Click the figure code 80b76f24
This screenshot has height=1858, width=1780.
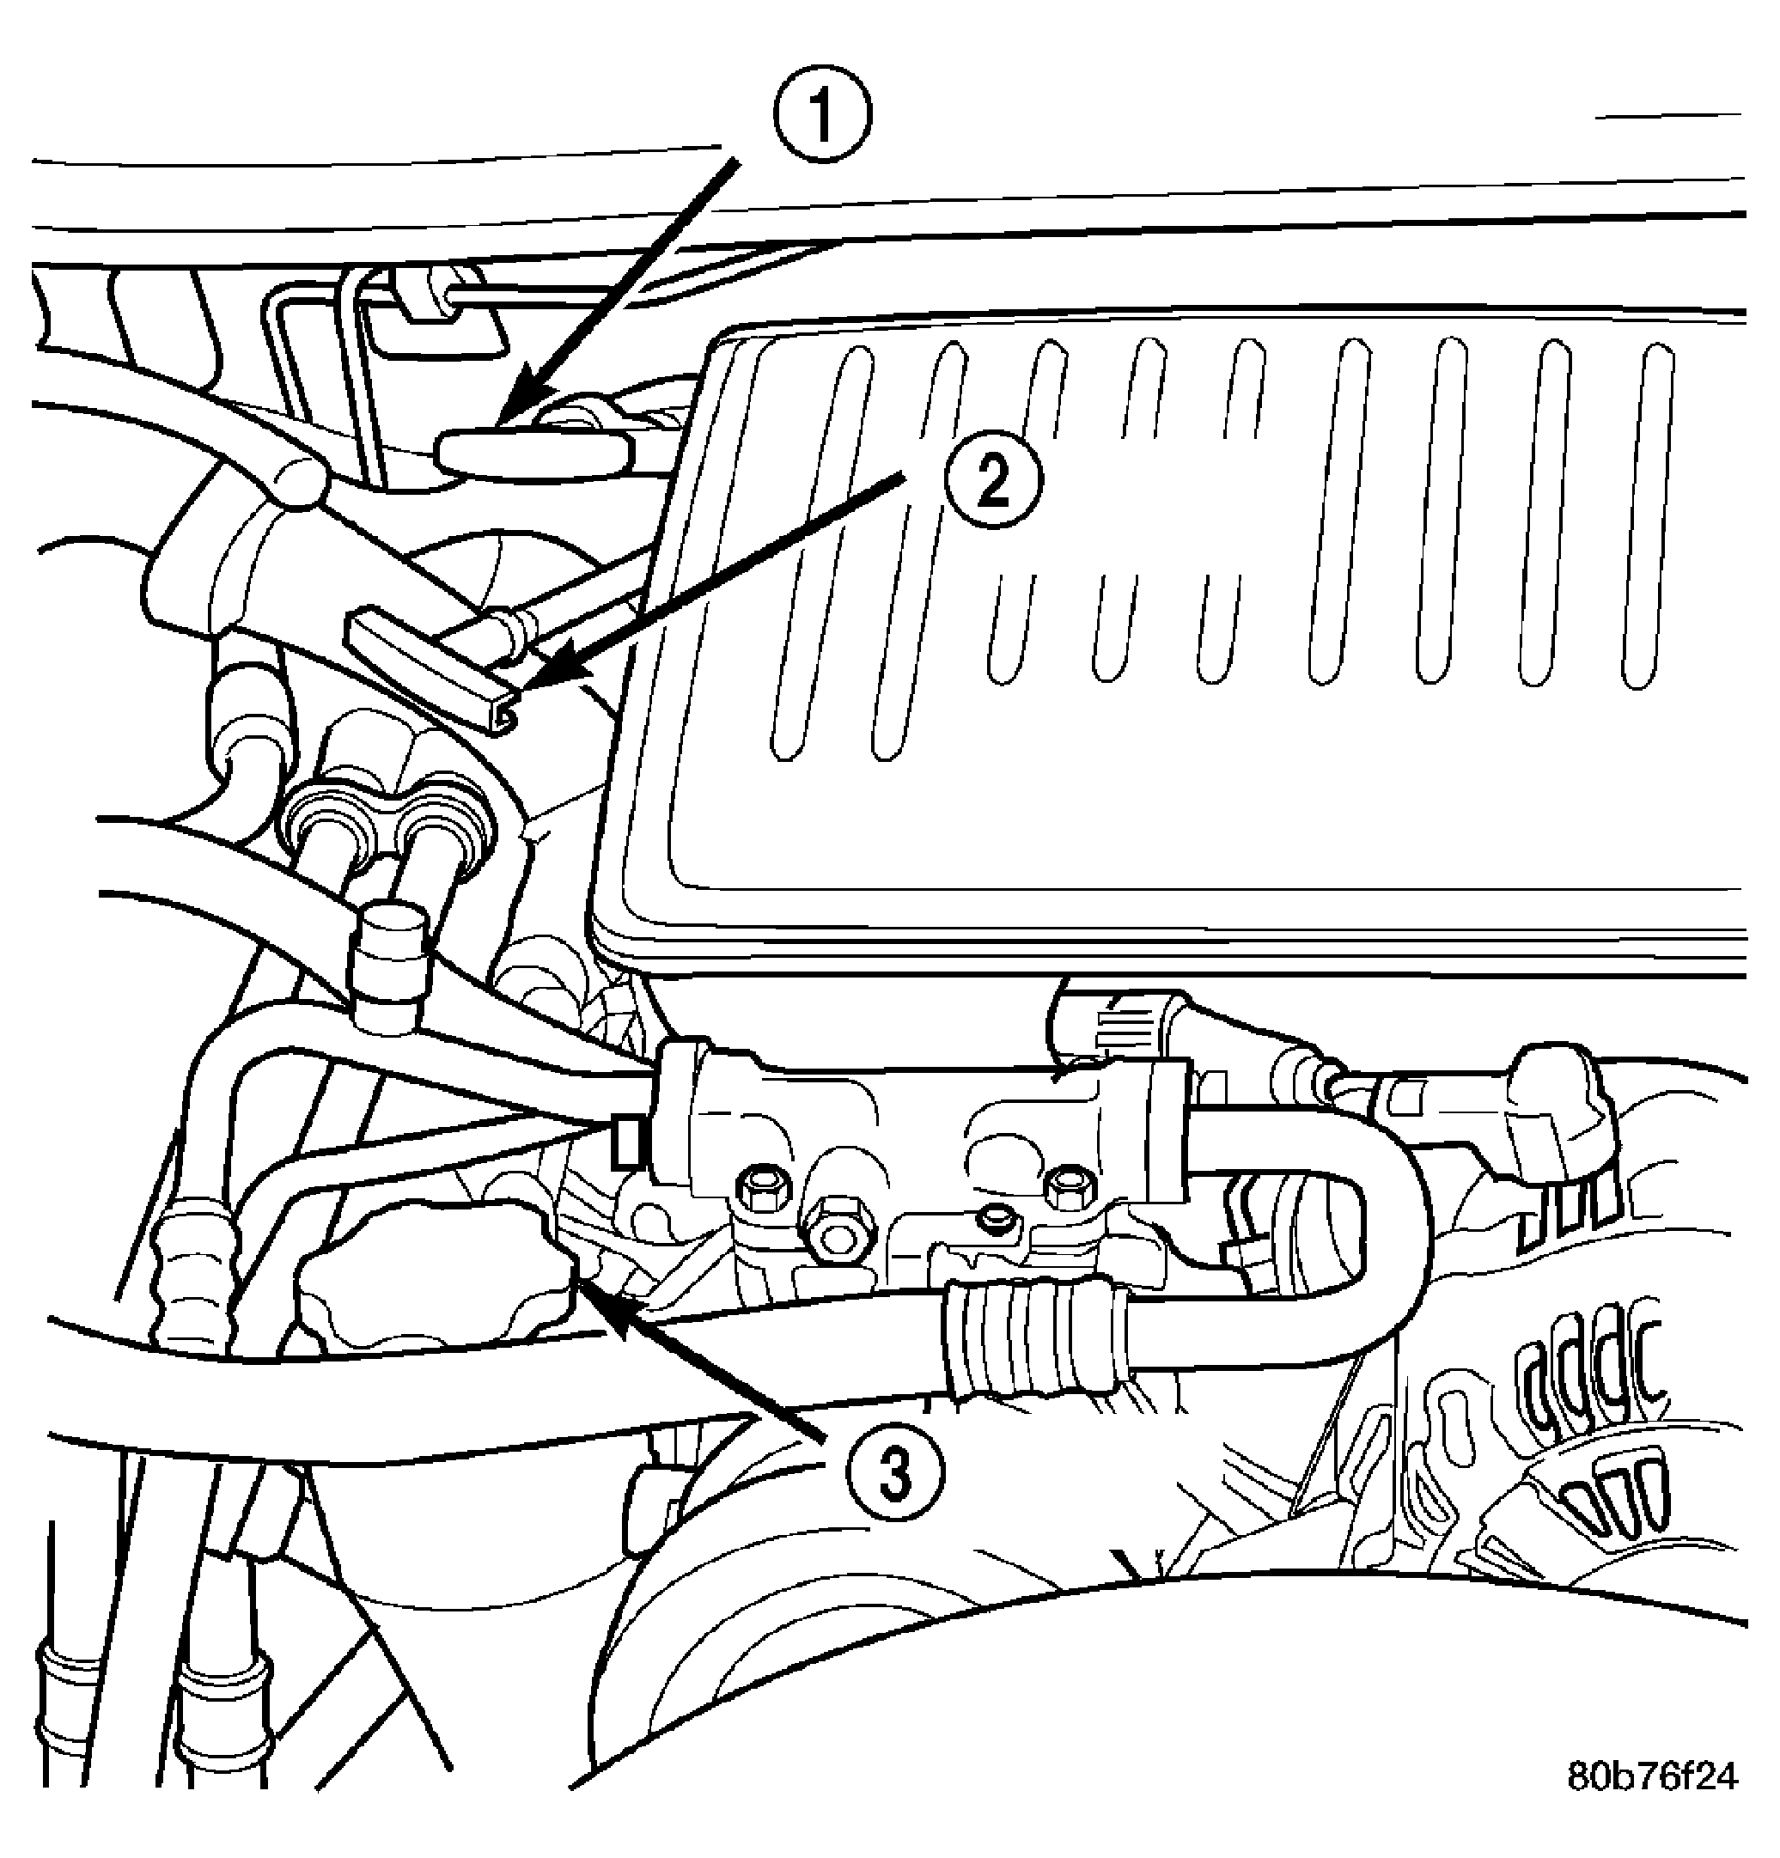coord(1653,1776)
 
